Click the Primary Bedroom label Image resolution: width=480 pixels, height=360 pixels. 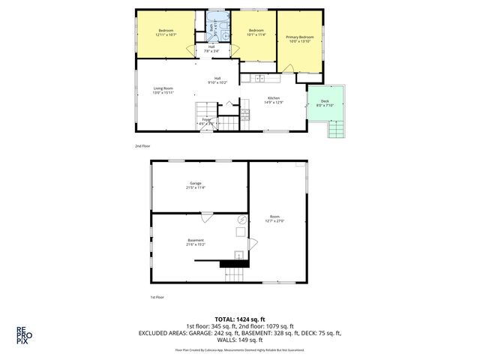299,37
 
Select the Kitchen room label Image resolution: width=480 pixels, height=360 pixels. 274,98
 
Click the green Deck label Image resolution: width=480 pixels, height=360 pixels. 325,101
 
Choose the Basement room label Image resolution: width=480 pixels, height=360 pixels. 195,240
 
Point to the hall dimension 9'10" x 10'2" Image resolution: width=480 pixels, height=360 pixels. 217,82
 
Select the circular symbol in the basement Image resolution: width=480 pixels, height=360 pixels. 241,219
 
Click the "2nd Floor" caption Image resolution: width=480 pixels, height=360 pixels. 142,146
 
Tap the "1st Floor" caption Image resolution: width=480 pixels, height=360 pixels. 158,297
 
